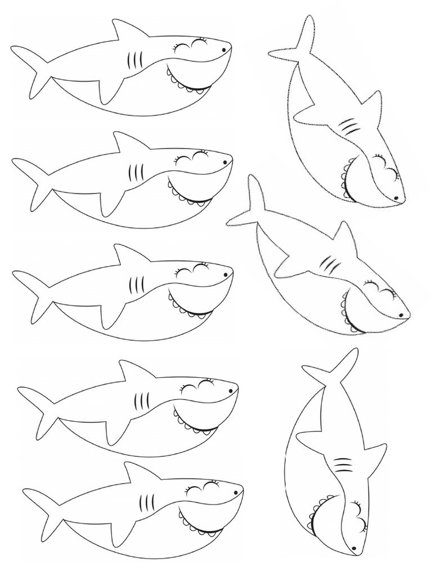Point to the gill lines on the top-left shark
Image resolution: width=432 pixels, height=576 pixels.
[133, 60]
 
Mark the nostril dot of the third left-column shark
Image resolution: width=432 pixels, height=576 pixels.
[226, 274]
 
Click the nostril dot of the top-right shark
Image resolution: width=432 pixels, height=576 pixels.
[396, 197]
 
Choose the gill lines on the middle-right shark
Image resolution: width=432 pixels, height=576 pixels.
[330, 263]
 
